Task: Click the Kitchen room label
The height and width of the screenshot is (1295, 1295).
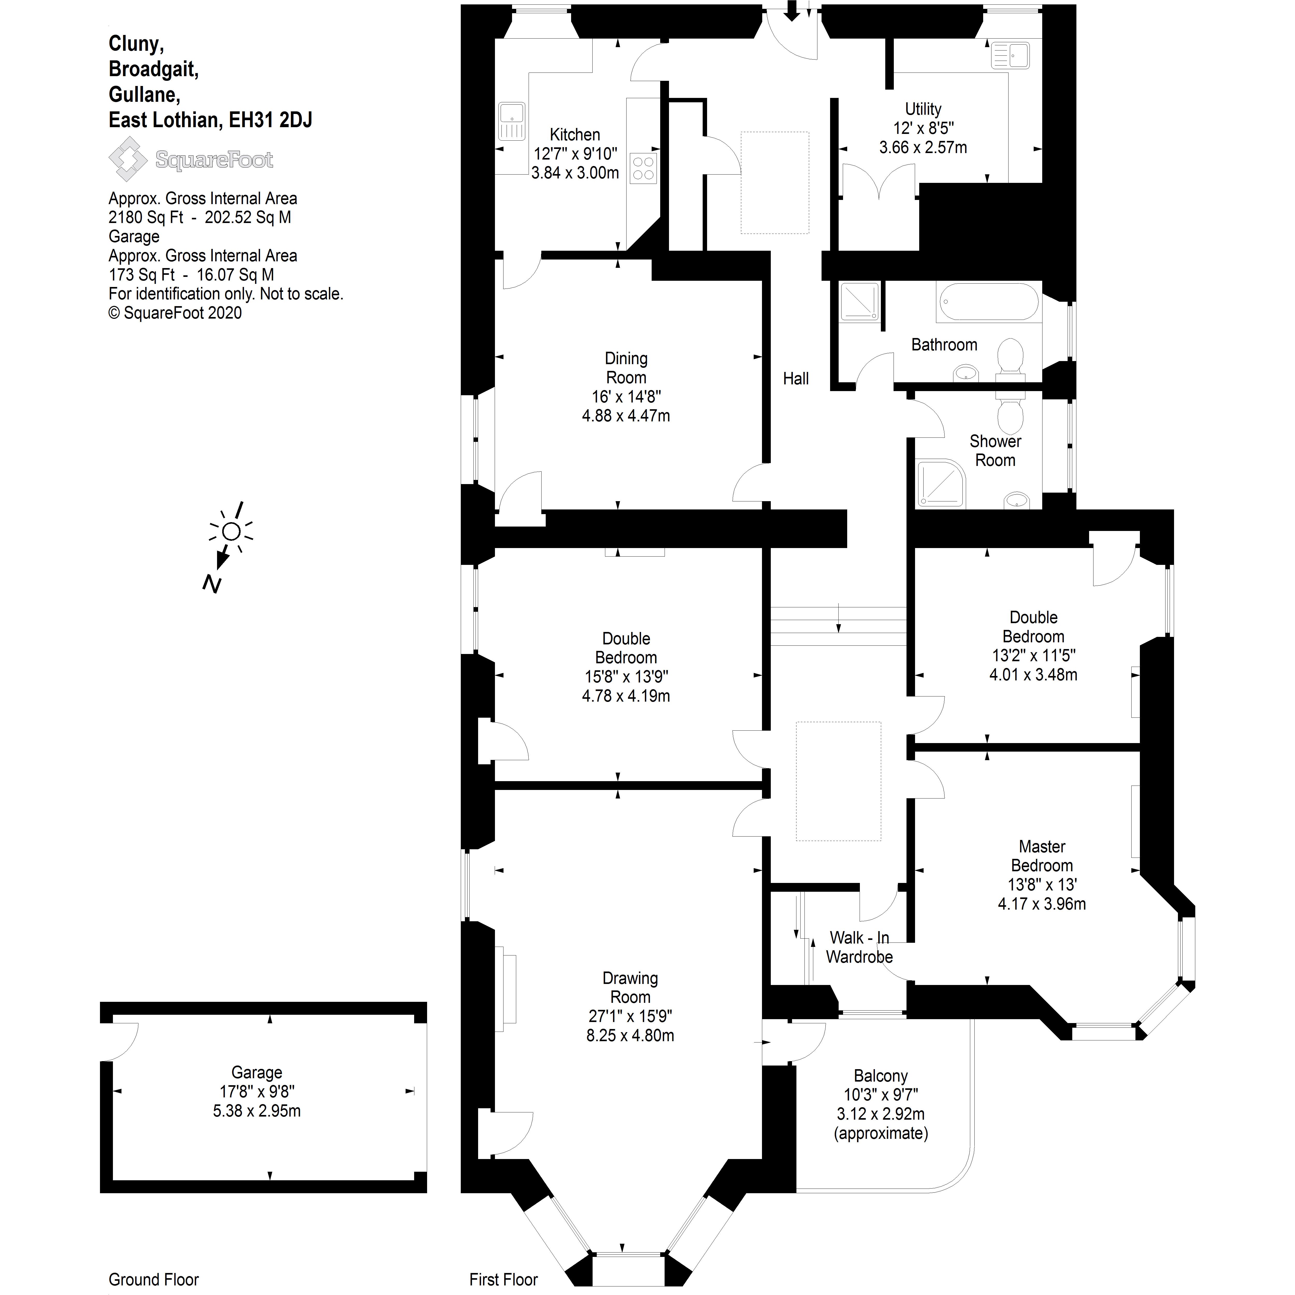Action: coord(574,135)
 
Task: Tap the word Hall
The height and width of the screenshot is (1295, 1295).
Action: coord(796,379)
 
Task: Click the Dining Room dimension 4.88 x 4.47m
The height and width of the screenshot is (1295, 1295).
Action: coord(625,416)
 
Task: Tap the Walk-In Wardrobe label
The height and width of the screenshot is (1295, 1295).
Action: coord(859,947)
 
